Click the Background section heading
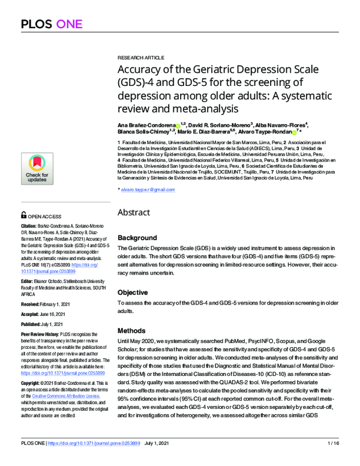click(137, 238)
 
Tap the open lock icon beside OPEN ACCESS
click(23, 214)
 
